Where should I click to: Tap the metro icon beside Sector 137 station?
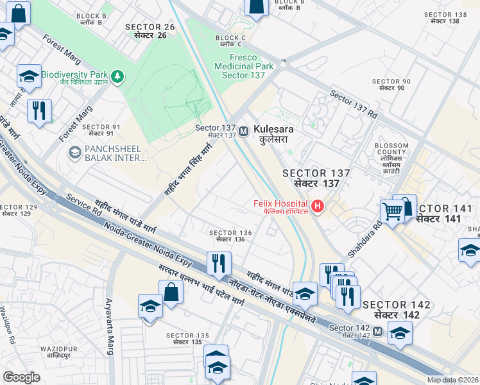pos(244,131)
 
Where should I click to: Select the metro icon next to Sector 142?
pos(377,331)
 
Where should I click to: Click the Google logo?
pos(22,377)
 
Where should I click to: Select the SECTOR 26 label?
pos(150,30)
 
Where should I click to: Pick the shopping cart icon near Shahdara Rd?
pos(392,210)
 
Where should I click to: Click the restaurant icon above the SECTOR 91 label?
pos(40,110)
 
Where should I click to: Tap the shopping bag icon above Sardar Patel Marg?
pos(172,292)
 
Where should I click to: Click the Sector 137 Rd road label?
pos(354,104)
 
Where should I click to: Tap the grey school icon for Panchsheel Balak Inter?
pos(75,154)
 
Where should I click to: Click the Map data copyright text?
pos(452,380)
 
